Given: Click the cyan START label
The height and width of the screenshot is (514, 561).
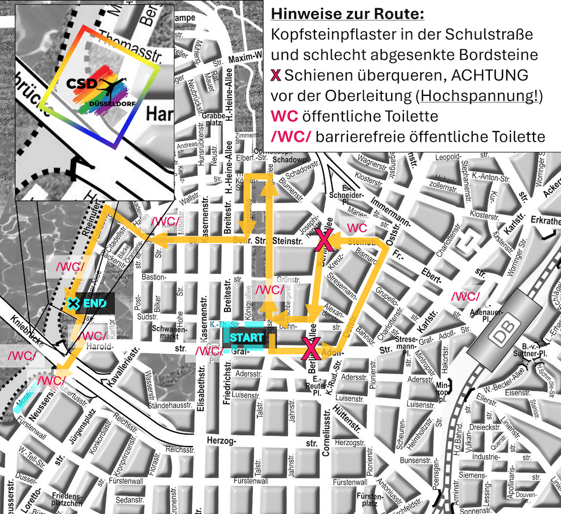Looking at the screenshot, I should coord(246,337).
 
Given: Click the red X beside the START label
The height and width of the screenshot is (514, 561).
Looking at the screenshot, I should coord(311,348).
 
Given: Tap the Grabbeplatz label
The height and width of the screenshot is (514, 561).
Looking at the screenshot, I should coord(214,119).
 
